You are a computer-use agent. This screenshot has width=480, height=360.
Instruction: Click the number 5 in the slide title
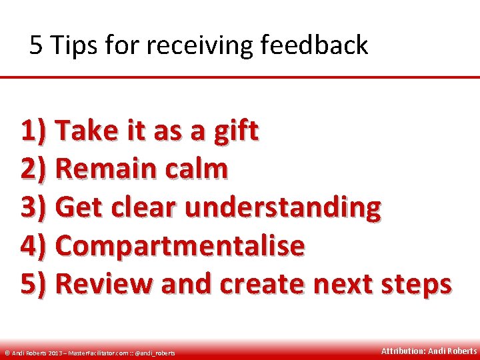[37, 45]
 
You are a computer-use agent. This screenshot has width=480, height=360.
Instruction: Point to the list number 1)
[34, 131]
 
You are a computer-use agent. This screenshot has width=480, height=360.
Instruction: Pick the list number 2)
[34, 169]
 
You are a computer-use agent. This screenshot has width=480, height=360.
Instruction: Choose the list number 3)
[34, 207]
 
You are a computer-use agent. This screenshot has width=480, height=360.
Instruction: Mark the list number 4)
[34, 245]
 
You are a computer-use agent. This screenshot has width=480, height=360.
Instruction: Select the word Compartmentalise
[180, 245]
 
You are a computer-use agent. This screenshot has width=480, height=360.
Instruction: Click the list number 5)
[34, 283]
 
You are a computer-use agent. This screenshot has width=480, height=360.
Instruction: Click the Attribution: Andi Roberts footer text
[429, 351]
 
